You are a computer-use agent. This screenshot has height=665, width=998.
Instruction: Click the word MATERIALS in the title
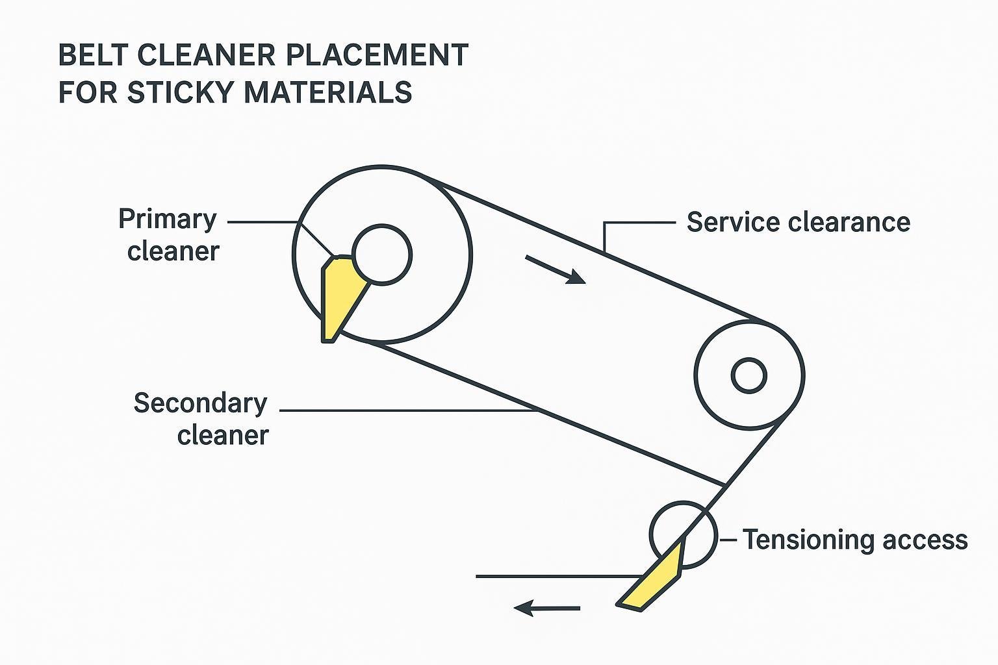[x=328, y=92]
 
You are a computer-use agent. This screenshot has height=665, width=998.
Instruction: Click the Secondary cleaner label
[x=201, y=419]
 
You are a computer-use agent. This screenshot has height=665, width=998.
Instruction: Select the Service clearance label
[x=798, y=222]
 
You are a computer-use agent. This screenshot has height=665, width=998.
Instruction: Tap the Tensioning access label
[x=855, y=540]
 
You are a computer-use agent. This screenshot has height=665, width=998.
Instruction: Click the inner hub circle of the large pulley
[x=382, y=255]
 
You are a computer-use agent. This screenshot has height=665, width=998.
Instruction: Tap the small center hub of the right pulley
[x=748, y=375]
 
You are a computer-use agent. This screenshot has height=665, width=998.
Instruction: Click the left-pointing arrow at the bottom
[x=546, y=609]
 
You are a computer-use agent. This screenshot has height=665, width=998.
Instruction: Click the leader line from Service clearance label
[x=640, y=222]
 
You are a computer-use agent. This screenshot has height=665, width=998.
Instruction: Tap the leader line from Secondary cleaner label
[x=403, y=410]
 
